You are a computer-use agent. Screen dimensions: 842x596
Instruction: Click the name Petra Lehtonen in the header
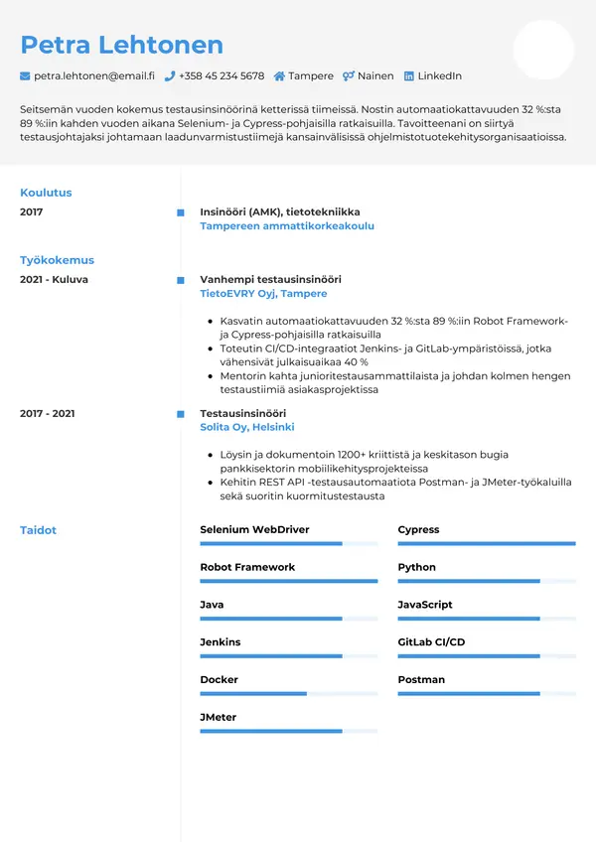(x=121, y=45)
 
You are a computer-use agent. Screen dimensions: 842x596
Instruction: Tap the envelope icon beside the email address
(x=25, y=76)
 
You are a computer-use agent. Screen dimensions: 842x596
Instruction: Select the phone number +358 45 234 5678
(x=222, y=76)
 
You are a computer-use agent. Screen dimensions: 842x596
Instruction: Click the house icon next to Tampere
(x=279, y=76)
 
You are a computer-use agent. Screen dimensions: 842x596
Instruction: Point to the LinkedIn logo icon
(x=408, y=76)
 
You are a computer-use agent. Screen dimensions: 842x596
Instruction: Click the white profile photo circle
(x=543, y=50)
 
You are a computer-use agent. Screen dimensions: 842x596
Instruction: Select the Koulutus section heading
(x=46, y=193)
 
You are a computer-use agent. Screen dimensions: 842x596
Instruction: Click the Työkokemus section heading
(x=57, y=260)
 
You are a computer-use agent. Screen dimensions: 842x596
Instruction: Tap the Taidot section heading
(x=38, y=530)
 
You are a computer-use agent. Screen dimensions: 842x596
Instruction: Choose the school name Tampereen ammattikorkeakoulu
(x=287, y=226)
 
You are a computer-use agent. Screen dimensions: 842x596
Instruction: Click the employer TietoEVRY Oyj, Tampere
(x=263, y=294)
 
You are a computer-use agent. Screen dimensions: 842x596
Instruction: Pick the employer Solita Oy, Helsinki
(x=247, y=427)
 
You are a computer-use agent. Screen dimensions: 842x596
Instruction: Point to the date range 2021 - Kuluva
(x=54, y=280)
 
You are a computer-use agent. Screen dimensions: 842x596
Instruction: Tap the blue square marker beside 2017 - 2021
(x=180, y=413)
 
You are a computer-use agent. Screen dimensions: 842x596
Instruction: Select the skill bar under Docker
(x=288, y=693)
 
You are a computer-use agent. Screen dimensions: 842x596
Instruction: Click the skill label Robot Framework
(x=247, y=567)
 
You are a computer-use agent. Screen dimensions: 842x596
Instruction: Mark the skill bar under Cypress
(x=487, y=543)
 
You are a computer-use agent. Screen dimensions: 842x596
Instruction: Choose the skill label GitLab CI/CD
(x=431, y=642)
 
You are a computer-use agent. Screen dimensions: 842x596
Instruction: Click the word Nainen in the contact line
(x=375, y=76)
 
